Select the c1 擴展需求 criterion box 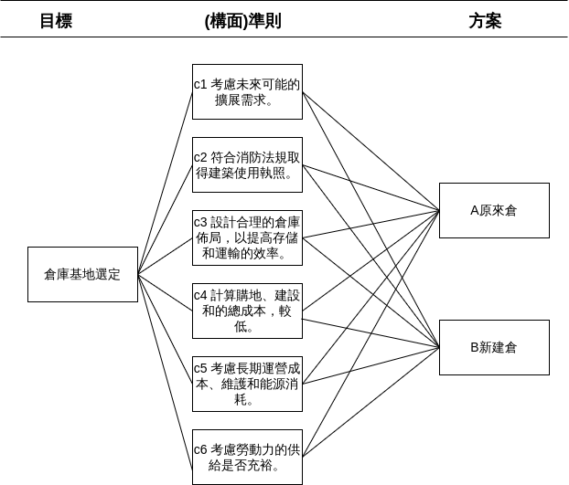click(x=247, y=91)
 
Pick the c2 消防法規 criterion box click(x=247, y=164)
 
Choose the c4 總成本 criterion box click(x=247, y=311)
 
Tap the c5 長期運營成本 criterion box click(x=247, y=384)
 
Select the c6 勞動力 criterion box click(x=247, y=457)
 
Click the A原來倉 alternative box click(x=494, y=210)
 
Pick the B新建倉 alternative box click(x=494, y=347)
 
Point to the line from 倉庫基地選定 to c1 click(x=165, y=183)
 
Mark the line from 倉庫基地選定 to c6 click(x=165, y=365)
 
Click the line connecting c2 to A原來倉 click(x=370, y=187)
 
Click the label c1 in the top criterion click(x=201, y=84)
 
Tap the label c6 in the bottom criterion click(x=201, y=449)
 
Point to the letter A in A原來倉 click(x=475, y=210)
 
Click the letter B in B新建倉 click(x=475, y=347)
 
